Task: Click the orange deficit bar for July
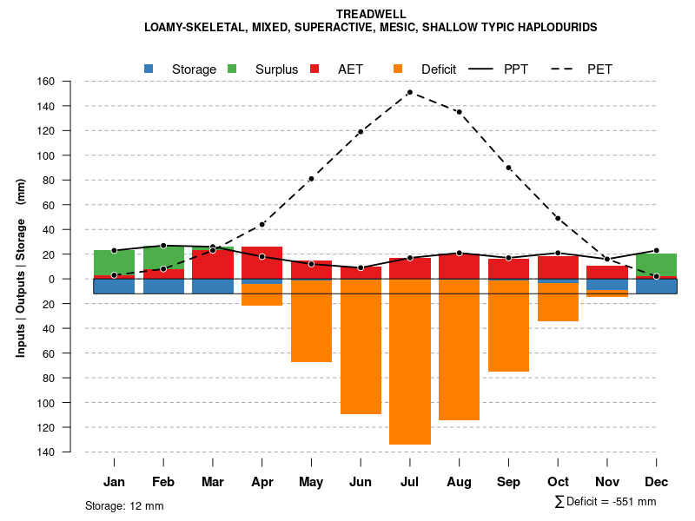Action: click(410, 361)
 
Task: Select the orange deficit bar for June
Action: click(361, 346)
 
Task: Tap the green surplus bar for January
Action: click(114, 262)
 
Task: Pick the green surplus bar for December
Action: click(656, 265)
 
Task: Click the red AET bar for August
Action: click(459, 266)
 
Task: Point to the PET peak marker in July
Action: click(410, 92)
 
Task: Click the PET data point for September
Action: click(508, 168)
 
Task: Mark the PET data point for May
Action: click(311, 179)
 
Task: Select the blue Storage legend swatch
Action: click(149, 69)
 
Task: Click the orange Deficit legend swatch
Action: click(398, 69)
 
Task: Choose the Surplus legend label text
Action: click(276, 69)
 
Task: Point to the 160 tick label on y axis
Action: click(69, 82)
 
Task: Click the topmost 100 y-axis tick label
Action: click(69, 155)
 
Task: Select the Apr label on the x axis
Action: click(261, 482)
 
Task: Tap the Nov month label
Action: click(607, 482)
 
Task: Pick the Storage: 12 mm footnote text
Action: click(124, 505)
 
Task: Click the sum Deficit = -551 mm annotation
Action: click(606, 502)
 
